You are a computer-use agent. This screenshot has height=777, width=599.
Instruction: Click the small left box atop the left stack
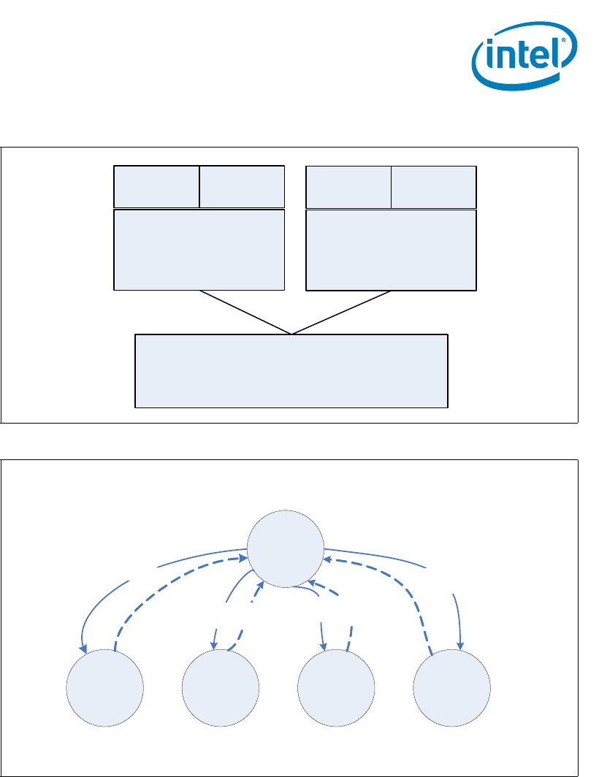tap(156, 187)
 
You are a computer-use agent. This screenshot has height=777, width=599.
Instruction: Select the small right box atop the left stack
tap(242, 187)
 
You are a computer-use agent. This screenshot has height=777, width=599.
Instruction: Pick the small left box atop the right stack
tap(348, 187)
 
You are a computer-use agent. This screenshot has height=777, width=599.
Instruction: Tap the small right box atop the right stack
tap(434, 187)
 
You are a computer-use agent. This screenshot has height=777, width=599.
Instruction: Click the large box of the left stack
tap(199, 250)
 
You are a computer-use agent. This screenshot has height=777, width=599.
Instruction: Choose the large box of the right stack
tap(391, 250)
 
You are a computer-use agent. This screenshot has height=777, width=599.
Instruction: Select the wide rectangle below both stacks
tap(291, 371)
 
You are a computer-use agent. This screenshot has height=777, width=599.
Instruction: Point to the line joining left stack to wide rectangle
tap(245, 313)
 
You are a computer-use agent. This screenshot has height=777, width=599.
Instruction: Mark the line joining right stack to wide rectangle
tap(342, 313)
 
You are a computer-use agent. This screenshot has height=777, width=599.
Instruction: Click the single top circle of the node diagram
tap(286, 548)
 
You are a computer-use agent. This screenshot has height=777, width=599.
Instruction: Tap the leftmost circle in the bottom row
tap(105, 689)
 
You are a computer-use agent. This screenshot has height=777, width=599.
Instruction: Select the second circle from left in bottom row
tap(221, 689)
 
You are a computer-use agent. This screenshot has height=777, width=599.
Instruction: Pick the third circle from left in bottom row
tap(337, 689)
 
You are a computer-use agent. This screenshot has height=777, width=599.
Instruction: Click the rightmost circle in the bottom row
tap(451, 689)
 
